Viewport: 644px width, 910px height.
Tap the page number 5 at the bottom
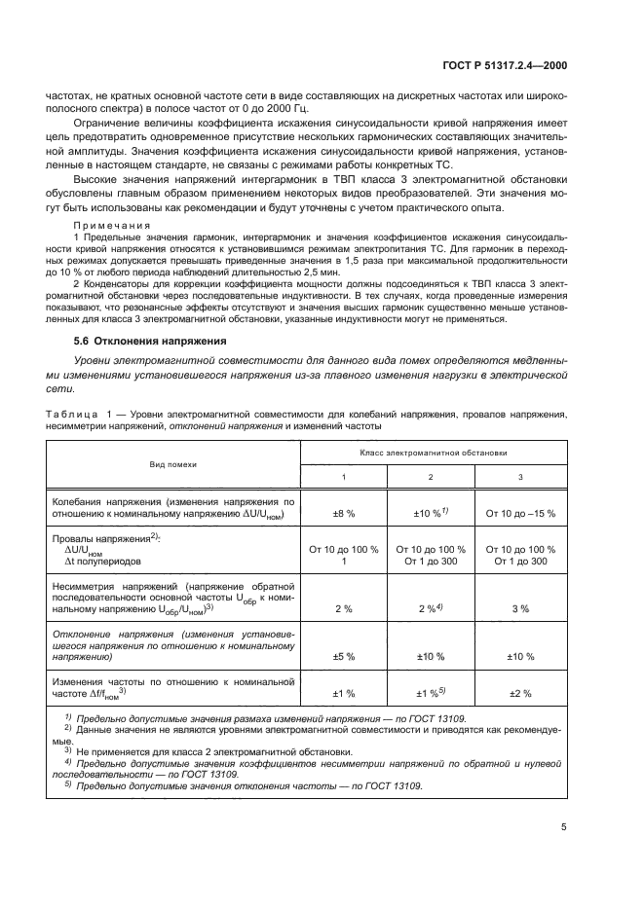click(x=564, y=827)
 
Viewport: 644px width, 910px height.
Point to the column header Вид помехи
click(x=172, y=465)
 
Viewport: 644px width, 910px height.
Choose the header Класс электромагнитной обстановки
click(x=433, y=453)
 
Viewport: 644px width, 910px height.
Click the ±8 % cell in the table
click(x=343, y=512)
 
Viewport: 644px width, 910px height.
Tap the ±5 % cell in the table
click(x=343, y=656)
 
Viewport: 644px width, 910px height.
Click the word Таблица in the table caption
click(x=70, y=414)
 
